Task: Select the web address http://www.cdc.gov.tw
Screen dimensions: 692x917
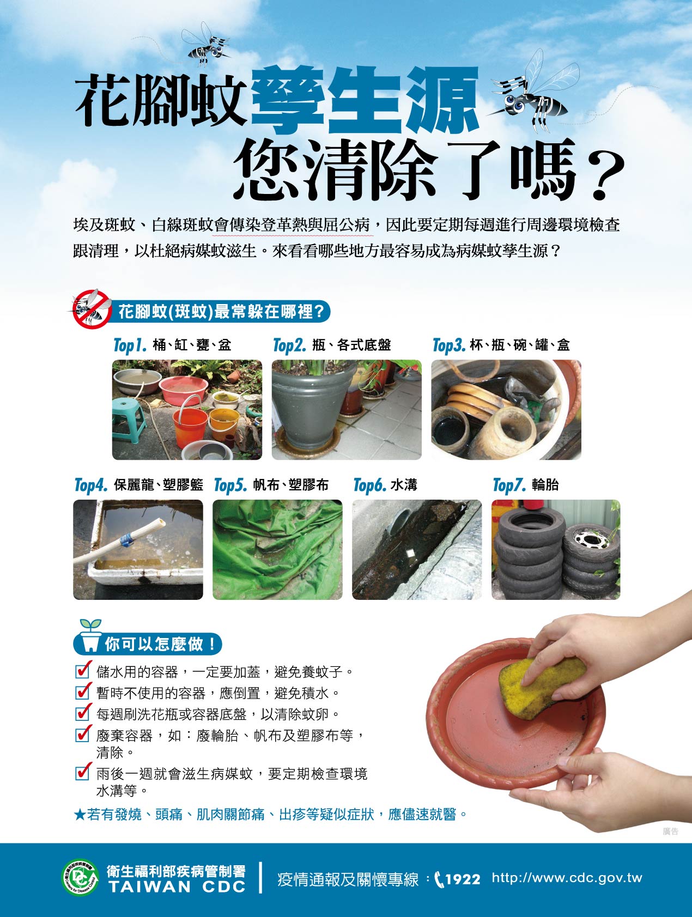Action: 567,878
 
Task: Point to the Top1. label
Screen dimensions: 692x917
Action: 130,345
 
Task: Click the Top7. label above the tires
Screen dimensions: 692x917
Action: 509,485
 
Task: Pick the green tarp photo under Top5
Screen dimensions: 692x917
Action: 277,550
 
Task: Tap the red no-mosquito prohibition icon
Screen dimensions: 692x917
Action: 90,309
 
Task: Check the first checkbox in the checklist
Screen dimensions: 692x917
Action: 82,670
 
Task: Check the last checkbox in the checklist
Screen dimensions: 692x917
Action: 82,772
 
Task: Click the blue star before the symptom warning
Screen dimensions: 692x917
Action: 80,815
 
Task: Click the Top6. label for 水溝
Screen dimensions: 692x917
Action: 370,485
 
